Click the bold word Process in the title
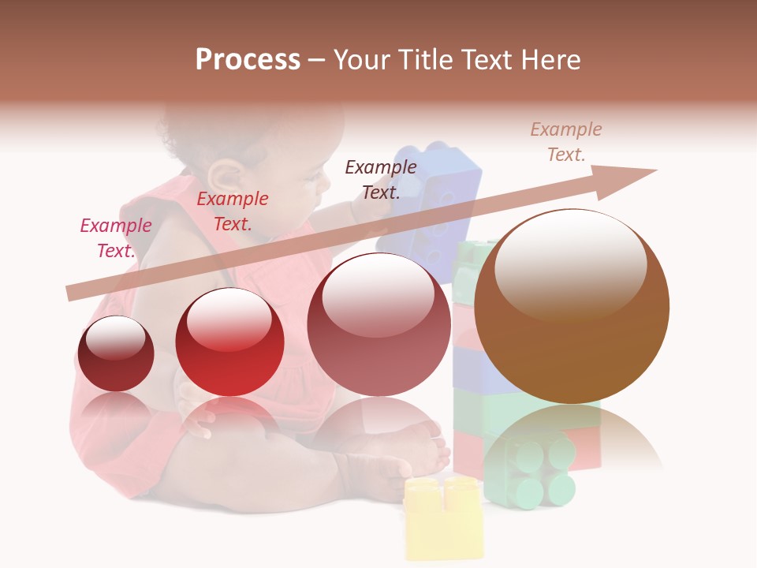click(248, 60)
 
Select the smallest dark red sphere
click(117, 353)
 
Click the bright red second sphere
click(229, 342)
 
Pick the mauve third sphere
click(378, 324)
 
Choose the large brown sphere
click(572, 306)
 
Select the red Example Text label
click(232, 211)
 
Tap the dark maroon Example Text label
click(381, 179)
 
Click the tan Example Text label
click(565, 142)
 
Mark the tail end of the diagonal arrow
click(73, 293)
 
